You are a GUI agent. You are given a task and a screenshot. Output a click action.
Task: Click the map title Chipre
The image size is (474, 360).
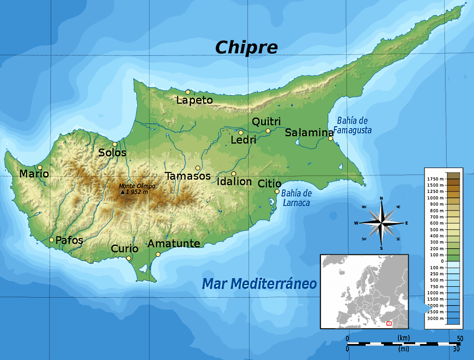tap(246, 47)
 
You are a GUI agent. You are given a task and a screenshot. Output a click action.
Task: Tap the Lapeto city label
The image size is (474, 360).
tap(195, 100)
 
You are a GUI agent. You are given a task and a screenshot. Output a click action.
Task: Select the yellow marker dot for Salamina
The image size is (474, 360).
tap(330, 138)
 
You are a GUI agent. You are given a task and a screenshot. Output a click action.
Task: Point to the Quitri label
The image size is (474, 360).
tap(266, 122)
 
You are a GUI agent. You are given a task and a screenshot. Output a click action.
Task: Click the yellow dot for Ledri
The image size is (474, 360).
tap(240, 133)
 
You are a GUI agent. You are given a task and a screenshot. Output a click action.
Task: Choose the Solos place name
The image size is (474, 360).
tap(112, 153)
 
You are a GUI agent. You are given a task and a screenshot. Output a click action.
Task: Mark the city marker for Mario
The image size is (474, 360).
tap(40, 168)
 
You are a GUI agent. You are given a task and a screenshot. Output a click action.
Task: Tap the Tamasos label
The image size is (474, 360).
tap(188, 176)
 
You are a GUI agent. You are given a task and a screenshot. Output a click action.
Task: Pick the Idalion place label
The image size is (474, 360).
tap(235, 181)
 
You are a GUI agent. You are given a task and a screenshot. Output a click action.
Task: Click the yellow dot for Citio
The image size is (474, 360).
tap(277, 191)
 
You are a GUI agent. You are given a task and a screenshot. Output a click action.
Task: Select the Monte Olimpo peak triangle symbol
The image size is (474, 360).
tap(123, 192)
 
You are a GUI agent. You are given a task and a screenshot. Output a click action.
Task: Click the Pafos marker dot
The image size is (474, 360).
tap(51, 240)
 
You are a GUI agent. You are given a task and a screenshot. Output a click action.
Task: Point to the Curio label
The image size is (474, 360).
tap(125, 248)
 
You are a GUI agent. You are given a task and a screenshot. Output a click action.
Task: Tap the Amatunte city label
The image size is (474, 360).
tap(174, 243)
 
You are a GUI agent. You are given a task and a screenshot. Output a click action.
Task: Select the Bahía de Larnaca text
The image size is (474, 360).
tap(296, 198)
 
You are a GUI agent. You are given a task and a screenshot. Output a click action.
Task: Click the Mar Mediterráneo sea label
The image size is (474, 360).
tap(259, 284)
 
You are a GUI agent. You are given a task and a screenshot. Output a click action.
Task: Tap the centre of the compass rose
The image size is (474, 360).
tap(381, 223)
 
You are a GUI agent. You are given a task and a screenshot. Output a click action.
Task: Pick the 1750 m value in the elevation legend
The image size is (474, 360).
tap(436, 179)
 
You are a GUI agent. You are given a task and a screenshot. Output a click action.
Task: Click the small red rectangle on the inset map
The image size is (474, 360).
tap(390, 324)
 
